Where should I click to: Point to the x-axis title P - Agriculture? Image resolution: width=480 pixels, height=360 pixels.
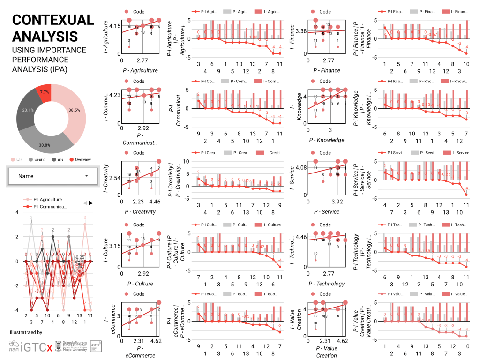pyautogui.click(x=139, y=71)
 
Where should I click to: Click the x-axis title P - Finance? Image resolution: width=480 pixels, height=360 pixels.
pyautogui.click(x=328, y=71)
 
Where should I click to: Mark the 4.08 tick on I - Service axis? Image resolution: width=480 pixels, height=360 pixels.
pyautogui.click(x=299, y=167)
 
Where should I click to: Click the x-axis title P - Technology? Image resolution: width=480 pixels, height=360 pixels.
pyautogui.click(x=328, y=284)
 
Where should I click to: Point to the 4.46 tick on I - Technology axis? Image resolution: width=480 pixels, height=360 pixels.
pyautogui.click(x=299, y=237)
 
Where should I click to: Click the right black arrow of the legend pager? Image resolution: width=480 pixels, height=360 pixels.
pyautogui.click(x=91, y=202)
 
